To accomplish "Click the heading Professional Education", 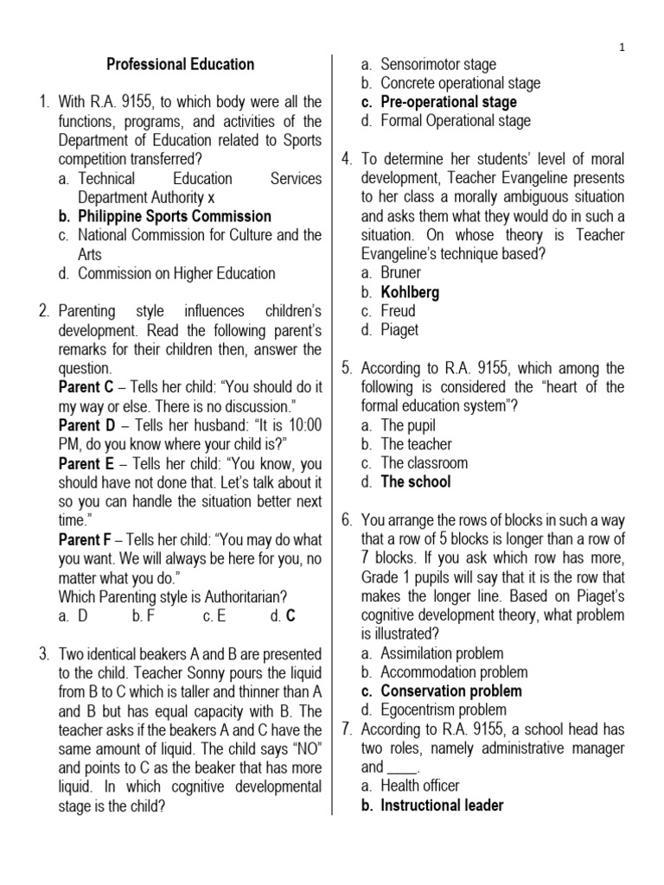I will tap(180, 64).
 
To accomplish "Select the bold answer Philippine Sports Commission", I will tap(174, 216).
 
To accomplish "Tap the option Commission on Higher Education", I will tap(176, 273).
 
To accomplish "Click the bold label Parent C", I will tap(86, 387).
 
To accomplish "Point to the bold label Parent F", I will tap(86, 539).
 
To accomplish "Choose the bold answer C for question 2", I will tap(290, 616).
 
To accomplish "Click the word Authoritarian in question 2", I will tap(232, 596).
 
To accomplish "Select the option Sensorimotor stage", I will tap(438, 64).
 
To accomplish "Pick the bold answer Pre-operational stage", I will tap(449, 102).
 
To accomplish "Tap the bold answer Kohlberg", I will tap(410, 292).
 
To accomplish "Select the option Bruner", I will tap(400, 273).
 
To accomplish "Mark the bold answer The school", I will tap(416, 482).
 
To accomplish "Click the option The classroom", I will tap(424, 463).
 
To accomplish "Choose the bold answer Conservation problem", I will tap(451, 691).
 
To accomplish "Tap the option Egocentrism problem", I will tap(444, 710).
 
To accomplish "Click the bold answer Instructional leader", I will tap(442, 805).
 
